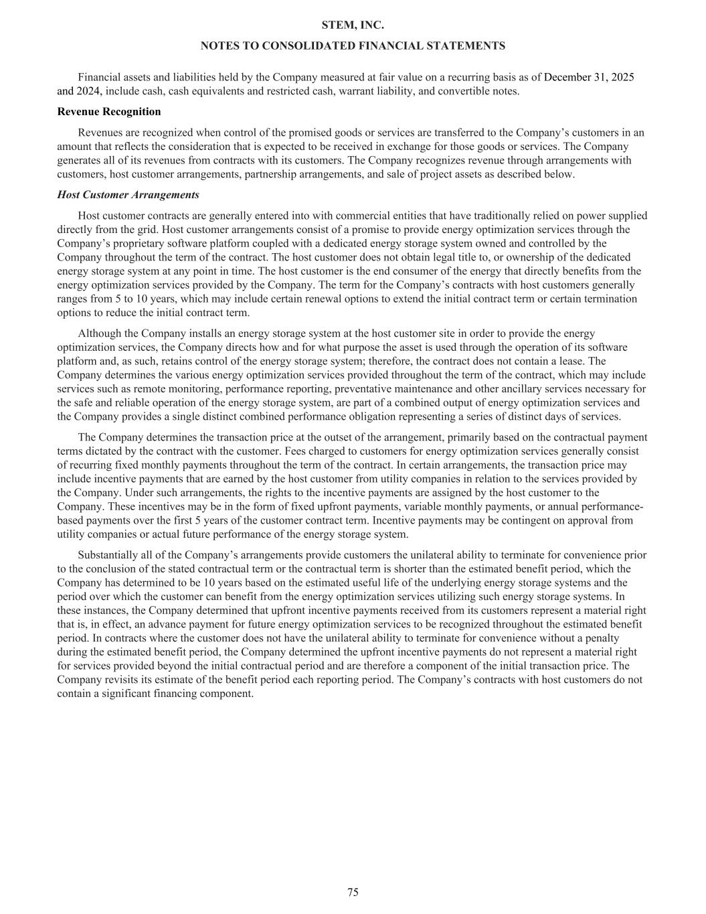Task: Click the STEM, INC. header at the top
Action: pos(353,25)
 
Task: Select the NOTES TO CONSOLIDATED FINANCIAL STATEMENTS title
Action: pos(353,46)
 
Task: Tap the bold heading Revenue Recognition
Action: pos(109,112)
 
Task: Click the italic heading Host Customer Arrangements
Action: pos(128,195)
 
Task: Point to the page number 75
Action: pos(353,892)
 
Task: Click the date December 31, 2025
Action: pos(589,77)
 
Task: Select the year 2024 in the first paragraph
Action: pos(90,91)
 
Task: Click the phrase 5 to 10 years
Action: pos(118,299)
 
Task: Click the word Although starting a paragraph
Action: pos(100,333)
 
